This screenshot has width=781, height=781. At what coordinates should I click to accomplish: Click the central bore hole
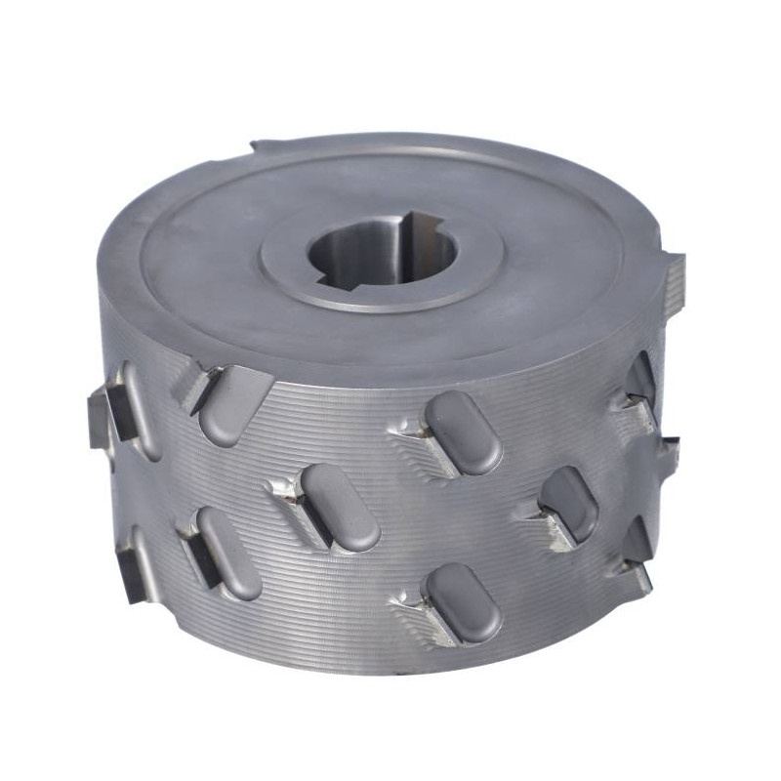tap(383, 256)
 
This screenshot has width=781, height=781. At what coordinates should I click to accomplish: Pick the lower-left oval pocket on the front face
tap(228, 553)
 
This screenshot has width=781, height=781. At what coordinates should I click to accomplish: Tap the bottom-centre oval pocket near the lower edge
tap(463, 601)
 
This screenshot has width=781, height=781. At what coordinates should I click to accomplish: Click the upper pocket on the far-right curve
tap(639, 380)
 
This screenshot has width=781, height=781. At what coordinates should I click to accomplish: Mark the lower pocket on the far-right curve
tap(637, 540)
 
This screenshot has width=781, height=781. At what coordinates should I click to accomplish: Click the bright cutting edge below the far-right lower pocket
tap(638, 577)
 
